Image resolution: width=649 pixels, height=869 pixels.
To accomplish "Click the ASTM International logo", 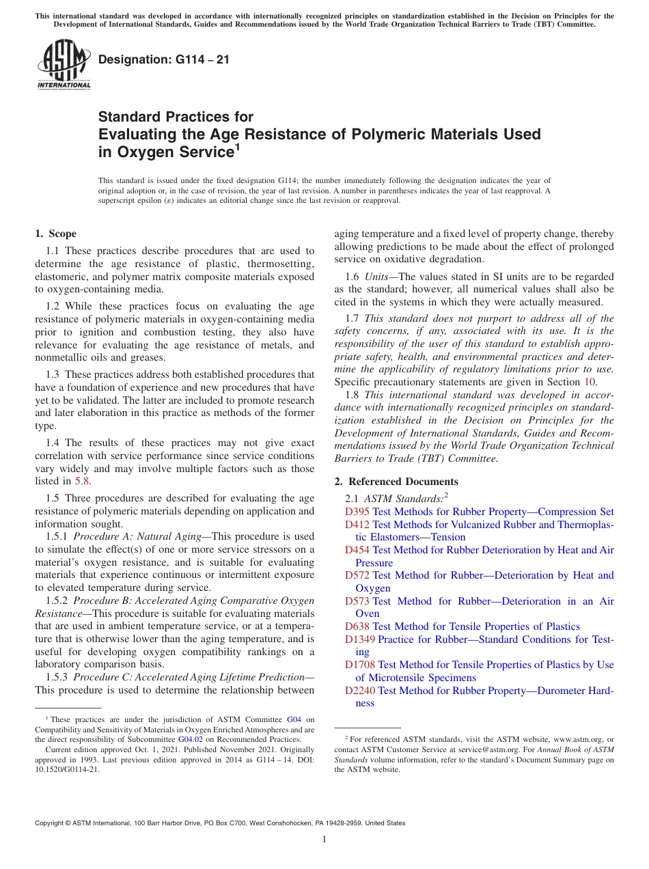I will pyautogui.click(x=64, y=66).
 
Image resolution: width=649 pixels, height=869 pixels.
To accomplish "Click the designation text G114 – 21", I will pyautogui.click(x=164, y=60).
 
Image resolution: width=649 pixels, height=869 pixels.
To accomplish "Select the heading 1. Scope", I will pyautogui.click(x=55, y=234).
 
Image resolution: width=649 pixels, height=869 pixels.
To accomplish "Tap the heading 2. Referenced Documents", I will pyautogui.click(x=396, y=482).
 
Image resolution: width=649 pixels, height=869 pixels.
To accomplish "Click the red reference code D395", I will pyautogui.click(x=357, y=512).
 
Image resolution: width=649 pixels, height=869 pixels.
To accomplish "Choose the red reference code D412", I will pyautogui.click(x=357, y=525).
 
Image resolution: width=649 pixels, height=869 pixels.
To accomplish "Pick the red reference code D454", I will pyautogui.click(x=357, y=550).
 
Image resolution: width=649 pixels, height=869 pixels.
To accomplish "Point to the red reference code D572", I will pyautogui.click(x=357, y=575).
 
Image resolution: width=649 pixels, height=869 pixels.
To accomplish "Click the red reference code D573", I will pyautogui.click(x=357, y=601).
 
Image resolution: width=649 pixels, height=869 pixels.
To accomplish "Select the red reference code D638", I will pyautogui.click(x=357, y=626).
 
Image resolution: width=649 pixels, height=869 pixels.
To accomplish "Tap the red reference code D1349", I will pyautogui.click(x=360, y=639).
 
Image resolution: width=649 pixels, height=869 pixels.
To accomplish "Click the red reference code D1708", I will pyautogui.click(x=360, y=665).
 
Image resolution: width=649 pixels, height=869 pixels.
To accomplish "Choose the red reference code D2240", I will pyautogui.click(x=360, y=691).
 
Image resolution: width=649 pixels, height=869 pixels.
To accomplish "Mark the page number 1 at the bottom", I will pyautogui.click(x=324, y=840).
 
